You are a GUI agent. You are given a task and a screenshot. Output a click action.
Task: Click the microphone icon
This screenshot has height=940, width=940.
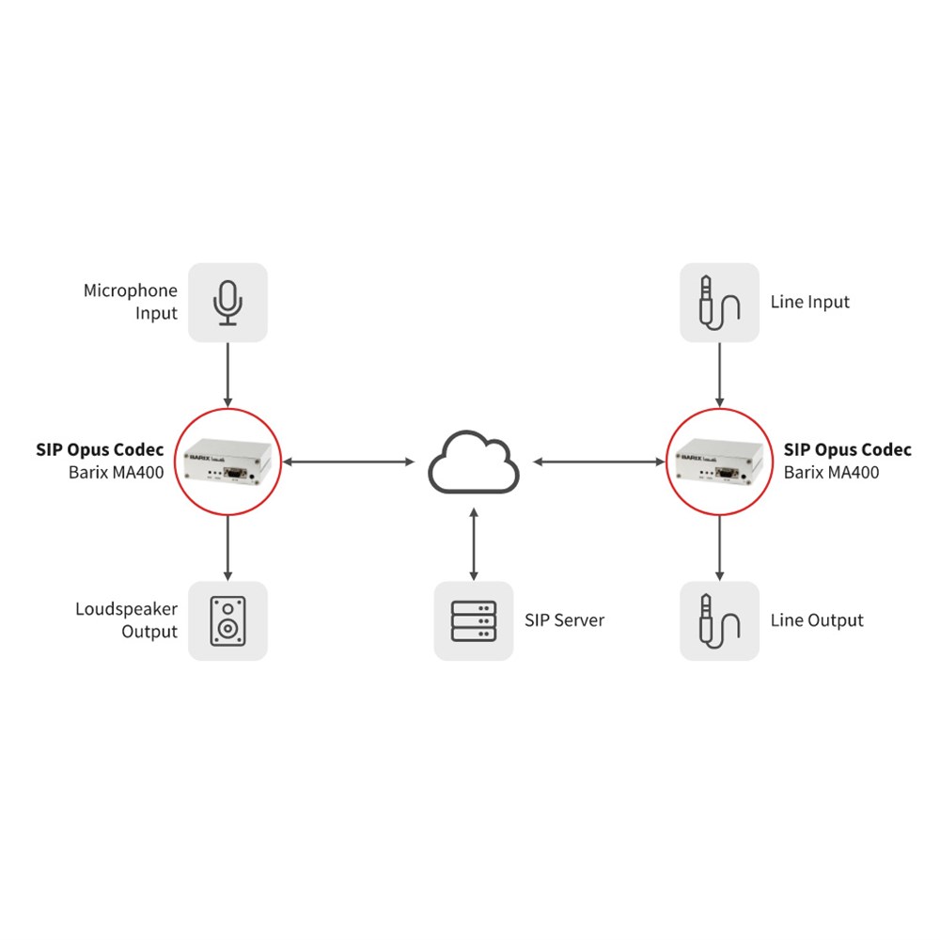click(227, 302)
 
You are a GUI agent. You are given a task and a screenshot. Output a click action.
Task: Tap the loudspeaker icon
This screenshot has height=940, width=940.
click(227, 620)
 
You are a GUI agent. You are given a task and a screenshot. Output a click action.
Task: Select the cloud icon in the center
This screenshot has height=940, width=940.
click(474, 462)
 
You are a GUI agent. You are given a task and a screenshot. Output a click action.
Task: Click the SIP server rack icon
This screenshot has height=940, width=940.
click(474, 620)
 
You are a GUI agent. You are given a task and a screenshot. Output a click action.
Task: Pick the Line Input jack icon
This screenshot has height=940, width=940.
click(719, 302)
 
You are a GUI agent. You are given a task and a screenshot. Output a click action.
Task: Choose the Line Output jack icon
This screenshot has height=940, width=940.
click(719, 620)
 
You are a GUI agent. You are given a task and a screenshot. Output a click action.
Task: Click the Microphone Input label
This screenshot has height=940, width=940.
click(131, 302)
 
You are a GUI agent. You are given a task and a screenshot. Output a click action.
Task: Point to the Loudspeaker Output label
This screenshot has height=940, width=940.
click(126, 620)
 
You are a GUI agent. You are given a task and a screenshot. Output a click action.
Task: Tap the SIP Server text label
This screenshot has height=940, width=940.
click(564, 620)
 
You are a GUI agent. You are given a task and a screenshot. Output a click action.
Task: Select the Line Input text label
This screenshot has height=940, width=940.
click(809, 302)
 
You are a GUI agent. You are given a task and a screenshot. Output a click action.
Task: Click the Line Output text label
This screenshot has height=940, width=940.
click(816, 620)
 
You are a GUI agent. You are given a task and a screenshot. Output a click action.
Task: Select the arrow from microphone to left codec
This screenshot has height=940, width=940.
click(227, 375)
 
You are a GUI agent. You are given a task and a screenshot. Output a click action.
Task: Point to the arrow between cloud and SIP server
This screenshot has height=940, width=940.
click(474, 543)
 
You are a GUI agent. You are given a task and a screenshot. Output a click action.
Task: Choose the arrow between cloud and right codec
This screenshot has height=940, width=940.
click(598, 462)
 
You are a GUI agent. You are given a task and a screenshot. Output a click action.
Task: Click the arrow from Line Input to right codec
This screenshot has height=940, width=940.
click(720, 375)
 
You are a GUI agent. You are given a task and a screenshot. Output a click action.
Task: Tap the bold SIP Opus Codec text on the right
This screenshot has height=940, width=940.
click(847, 450)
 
